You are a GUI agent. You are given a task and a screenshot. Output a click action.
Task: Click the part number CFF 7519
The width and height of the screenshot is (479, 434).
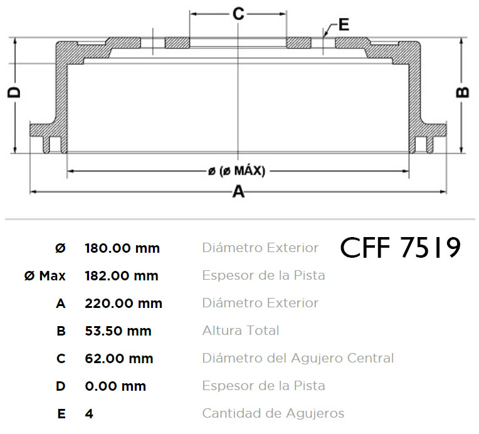(400, 247)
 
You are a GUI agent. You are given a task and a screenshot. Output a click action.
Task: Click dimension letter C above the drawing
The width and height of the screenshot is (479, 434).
(238, 14)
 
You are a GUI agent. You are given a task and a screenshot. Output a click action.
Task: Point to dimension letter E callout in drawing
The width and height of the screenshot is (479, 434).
(344, 24)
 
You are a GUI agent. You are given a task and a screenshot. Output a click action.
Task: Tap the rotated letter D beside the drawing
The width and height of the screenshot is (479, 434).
(14, 93)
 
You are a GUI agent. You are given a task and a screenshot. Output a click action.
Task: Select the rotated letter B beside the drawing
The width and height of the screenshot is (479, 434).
(462, 92)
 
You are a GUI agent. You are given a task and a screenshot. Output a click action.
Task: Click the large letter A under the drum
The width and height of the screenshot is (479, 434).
(239, 192)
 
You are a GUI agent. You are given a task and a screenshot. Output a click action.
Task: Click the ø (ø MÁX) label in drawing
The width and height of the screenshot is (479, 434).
(236, 171)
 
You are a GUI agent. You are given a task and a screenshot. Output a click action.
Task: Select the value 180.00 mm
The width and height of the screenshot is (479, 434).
(122, 248)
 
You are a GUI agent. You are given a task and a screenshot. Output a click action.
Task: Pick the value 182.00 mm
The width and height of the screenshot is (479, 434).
(122, 276)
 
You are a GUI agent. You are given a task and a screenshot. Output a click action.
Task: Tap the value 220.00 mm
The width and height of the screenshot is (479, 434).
(124, 304)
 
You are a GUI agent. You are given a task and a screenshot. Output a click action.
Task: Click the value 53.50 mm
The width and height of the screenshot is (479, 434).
(118, 331)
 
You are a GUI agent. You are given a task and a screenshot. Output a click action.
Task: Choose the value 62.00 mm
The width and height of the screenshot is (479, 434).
(119, 359)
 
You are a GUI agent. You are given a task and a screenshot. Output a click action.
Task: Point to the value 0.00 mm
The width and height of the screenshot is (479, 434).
(115, 386)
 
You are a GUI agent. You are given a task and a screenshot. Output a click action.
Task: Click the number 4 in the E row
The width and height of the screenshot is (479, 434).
(89, 414)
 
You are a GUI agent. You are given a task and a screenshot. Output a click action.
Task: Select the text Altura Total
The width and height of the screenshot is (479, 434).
(241, 331)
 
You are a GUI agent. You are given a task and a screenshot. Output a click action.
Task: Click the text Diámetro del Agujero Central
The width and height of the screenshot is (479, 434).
(298, 358)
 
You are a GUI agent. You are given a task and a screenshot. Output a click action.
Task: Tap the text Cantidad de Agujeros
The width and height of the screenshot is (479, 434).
(273, 413)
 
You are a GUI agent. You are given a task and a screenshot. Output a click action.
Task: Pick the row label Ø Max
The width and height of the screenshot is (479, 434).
(45, 276)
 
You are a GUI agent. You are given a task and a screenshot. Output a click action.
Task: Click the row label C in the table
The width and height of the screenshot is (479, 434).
(61, 359)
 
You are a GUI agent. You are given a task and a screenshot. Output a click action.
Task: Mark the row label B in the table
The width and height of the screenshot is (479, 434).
(61, 331)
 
